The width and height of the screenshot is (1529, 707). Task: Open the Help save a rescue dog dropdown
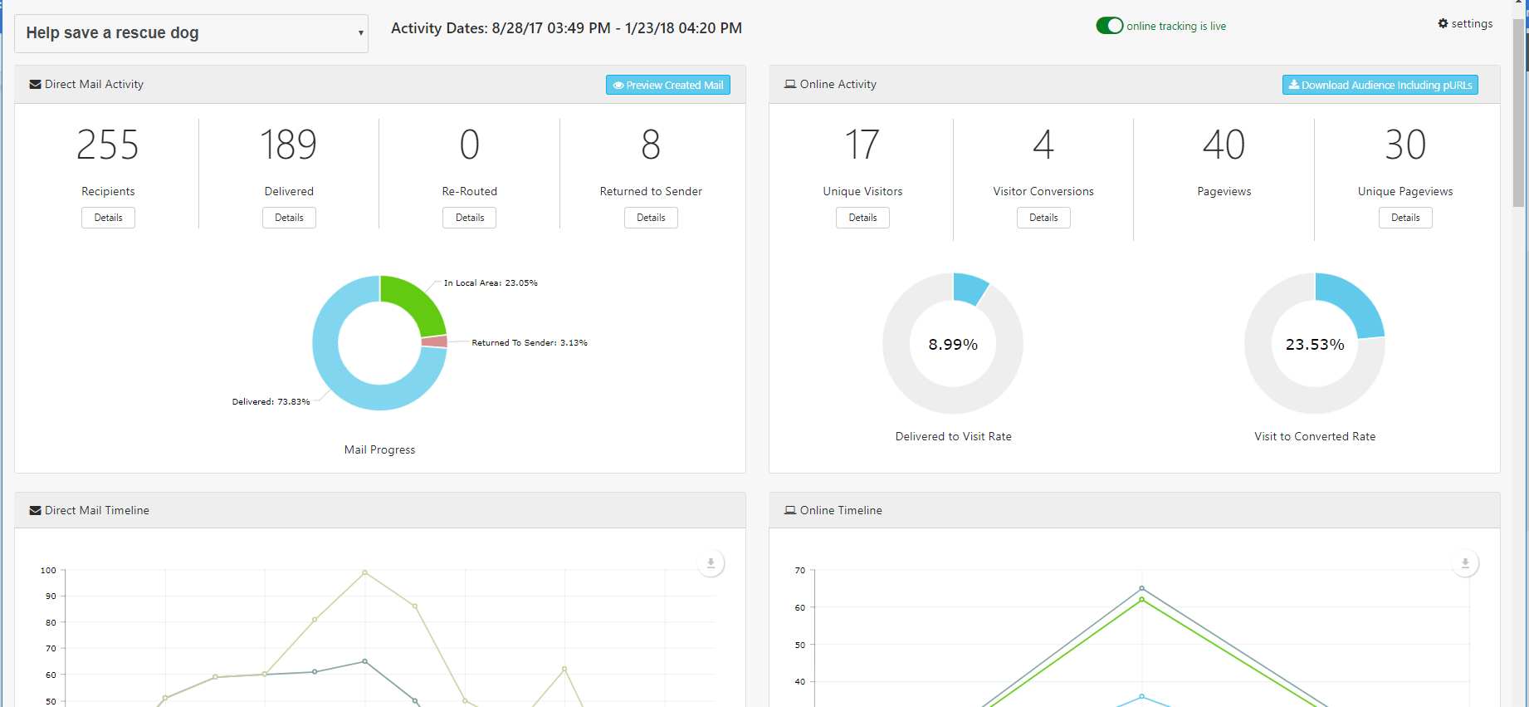191,33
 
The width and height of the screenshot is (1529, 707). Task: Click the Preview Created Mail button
667,85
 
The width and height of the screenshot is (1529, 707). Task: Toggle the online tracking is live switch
1109,26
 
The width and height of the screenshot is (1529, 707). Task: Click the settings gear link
1465,24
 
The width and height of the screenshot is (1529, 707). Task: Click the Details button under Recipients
108,218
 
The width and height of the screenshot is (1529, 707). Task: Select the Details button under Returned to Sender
651,218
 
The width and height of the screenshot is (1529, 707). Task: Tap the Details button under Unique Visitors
862,218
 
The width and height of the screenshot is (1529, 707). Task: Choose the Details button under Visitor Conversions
1043,218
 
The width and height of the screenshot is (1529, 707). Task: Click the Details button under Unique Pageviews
1405,218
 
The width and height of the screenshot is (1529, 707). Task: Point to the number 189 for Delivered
289,145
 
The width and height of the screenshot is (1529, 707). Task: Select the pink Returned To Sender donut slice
434,341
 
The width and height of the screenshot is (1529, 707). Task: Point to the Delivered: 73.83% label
271,402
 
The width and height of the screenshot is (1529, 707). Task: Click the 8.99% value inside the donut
953,345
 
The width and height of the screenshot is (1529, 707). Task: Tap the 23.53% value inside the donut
1315,345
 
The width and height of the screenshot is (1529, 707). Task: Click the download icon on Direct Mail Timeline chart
711,563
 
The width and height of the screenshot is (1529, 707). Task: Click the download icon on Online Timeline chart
1465,563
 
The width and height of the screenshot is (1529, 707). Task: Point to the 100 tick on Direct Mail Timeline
48,571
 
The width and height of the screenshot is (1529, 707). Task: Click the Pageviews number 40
1224,145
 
